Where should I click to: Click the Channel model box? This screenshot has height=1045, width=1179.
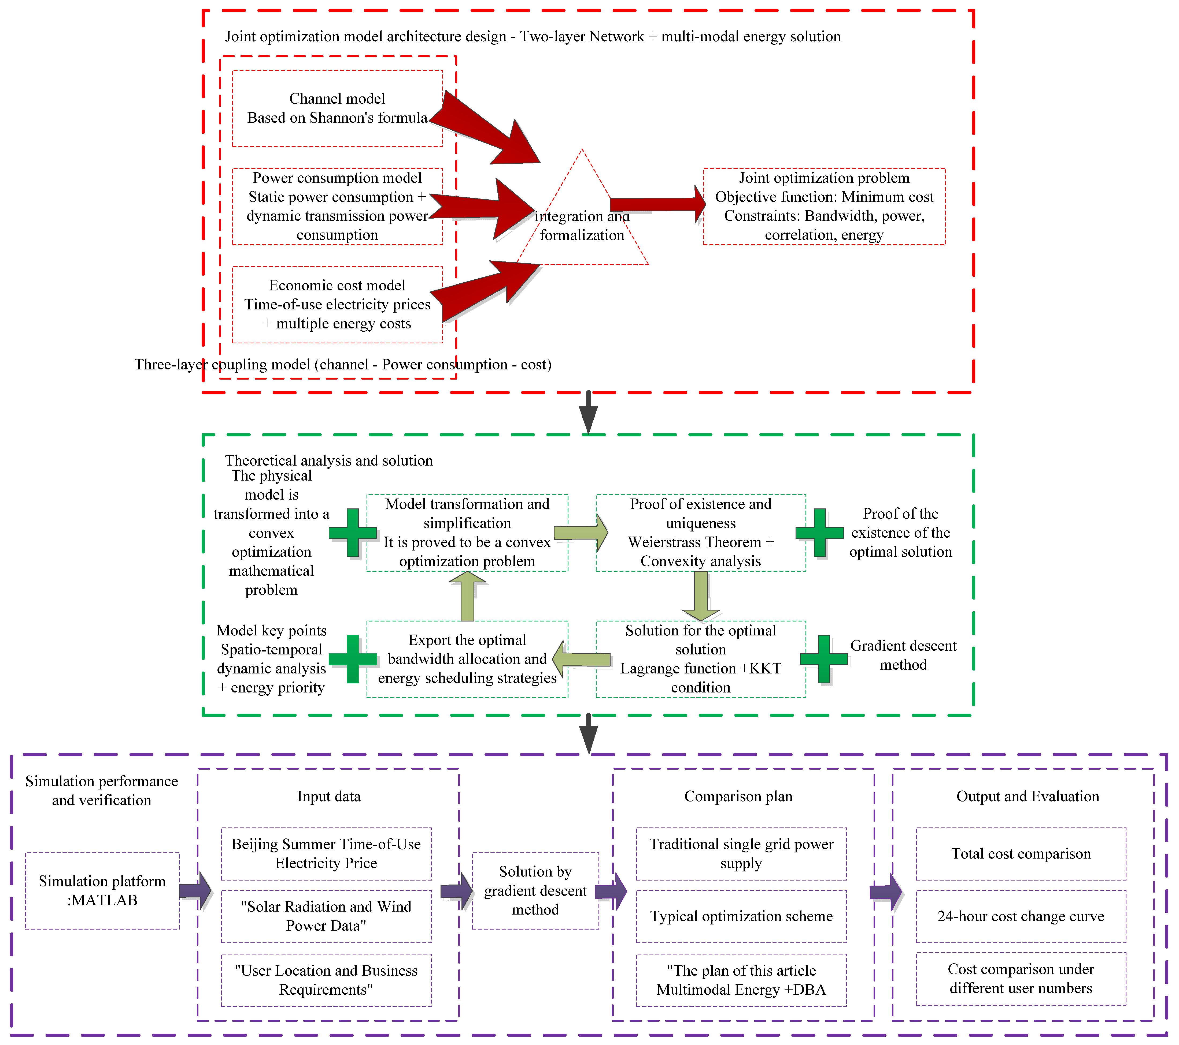click(x=337, y=108)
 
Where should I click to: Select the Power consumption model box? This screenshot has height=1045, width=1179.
click(x=337, y=206)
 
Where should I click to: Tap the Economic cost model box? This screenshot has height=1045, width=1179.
click(x=337, y=304)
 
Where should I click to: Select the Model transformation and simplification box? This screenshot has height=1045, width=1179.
click(x=467, y=533)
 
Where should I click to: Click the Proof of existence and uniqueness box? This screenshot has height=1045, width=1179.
click(x=701, y=533)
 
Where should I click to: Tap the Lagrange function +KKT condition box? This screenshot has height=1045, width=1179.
click(x=701, y=659)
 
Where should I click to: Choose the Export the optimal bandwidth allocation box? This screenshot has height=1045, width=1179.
click(x=467, y=659)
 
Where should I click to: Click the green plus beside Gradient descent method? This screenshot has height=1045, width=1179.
click(x=824, y=659)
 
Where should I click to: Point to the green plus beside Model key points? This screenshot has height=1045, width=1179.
click(x=353, y=659)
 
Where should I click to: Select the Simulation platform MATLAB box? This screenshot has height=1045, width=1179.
click(x=102, y=890)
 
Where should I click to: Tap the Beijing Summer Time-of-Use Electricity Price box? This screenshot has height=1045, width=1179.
click(x=326, y=854)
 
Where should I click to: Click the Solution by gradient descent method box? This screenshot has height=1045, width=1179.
click(x=535, y=890)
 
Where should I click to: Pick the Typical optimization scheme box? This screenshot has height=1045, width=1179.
click(x=741, y=916)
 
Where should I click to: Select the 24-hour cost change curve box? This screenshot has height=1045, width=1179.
click(x=1021, y=916)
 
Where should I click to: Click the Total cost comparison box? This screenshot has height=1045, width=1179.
click(x=1021, y=854)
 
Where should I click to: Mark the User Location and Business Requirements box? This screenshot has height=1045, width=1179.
click(x=326, y=980)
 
